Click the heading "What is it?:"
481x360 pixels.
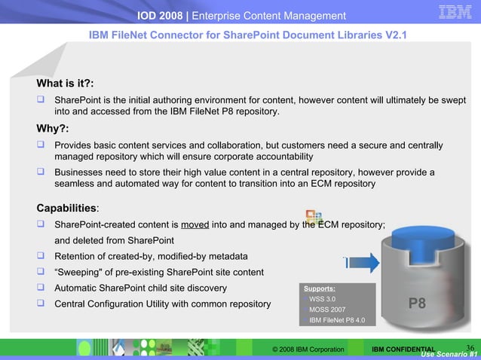65,83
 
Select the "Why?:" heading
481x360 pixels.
54,128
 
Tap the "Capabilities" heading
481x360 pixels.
66,207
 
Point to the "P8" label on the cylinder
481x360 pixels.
417,304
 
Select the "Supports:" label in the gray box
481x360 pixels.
320,288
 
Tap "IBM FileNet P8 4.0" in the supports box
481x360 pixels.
337,320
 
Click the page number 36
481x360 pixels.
470,347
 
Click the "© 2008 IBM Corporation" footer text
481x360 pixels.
308,350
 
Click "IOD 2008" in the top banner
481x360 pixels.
164,16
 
